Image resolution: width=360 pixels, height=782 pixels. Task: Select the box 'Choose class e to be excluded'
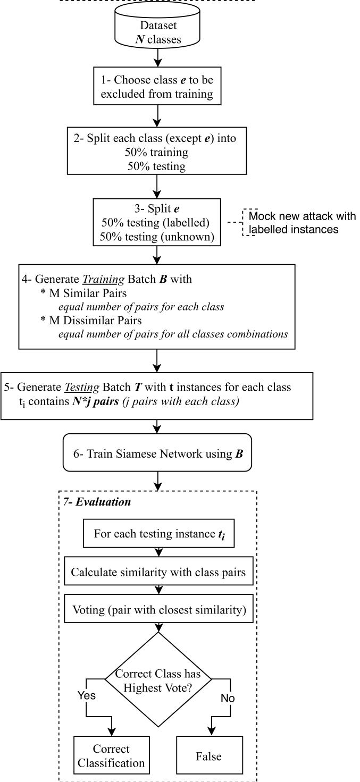[x=157, y=86]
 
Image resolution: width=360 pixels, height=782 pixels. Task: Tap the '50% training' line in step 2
[x=156, y=152]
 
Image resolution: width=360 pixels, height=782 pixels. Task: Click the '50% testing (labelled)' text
[x=155, y=222]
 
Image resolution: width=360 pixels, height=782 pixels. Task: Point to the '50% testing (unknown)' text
[x=157, y=237]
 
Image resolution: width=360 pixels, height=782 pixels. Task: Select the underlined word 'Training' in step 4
[x=103, y=279]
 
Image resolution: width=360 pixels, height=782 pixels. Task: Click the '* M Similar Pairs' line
[x=83, y=293]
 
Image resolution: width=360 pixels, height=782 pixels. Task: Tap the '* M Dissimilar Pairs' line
[x=91, y=320]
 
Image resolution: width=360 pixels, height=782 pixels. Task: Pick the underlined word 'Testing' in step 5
[x=82, y=387]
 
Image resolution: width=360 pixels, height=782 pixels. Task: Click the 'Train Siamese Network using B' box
[x=157, y=452]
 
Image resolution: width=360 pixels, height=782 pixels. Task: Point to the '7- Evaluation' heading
[x=97, y=502]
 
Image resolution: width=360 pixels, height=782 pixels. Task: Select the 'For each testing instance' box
[x=158, y=533]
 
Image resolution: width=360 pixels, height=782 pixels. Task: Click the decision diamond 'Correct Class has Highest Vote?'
[x=158, y=679]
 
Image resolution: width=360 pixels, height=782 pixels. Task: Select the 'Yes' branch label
[x=87, y=695]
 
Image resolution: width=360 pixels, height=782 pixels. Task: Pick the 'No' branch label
[x=227, y=697]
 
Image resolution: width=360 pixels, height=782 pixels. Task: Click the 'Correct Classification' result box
[x=111, y=755]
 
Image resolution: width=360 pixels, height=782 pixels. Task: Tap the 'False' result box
[x=209, y=755]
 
